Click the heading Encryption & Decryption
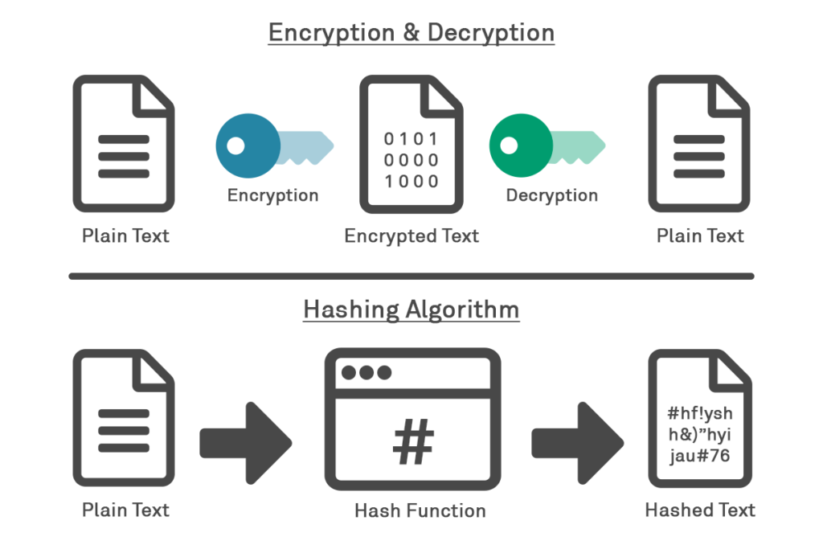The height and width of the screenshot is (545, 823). pos(411,33)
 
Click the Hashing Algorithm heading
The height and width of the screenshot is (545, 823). pos(411,309)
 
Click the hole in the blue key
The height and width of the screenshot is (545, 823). pos(235,145)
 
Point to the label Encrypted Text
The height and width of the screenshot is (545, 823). pos(411,236)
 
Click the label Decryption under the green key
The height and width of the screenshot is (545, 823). pos(551,195)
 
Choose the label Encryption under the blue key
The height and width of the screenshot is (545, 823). pos(272,195)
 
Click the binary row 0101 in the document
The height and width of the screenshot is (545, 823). pos(411,138)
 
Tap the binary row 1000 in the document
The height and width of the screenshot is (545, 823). pos(411,181)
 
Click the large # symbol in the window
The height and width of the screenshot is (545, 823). pos(413,442)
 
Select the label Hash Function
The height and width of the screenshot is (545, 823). pos(420,510)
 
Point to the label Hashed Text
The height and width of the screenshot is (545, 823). pos(700,510)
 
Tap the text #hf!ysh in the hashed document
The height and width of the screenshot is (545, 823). pos(700,413)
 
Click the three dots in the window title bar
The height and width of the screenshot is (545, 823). pos(366,373)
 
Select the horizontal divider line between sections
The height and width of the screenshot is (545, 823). pos(411,276)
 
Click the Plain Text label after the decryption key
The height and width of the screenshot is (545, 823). pos(700,236)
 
